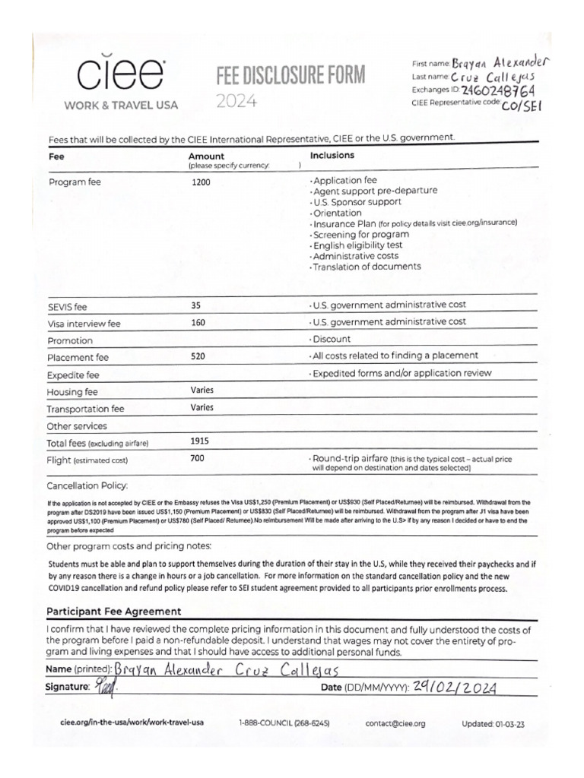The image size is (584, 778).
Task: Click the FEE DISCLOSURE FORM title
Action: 291,75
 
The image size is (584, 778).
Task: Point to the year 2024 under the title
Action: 236,100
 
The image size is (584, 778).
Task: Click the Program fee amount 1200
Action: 202,183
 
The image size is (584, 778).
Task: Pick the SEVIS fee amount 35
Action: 196,305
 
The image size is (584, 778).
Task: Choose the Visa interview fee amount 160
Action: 199,323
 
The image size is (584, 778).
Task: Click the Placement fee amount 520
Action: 199,356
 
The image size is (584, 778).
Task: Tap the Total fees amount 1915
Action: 201,441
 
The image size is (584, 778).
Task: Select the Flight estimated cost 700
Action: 198,459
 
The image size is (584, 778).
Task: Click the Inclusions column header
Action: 332,155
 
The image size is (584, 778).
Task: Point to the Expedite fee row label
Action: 73,375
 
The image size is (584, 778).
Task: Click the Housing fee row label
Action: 72,392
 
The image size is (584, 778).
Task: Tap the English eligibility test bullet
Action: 357,245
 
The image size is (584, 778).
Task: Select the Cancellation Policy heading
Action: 87,485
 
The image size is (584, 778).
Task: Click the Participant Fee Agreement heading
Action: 114,612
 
